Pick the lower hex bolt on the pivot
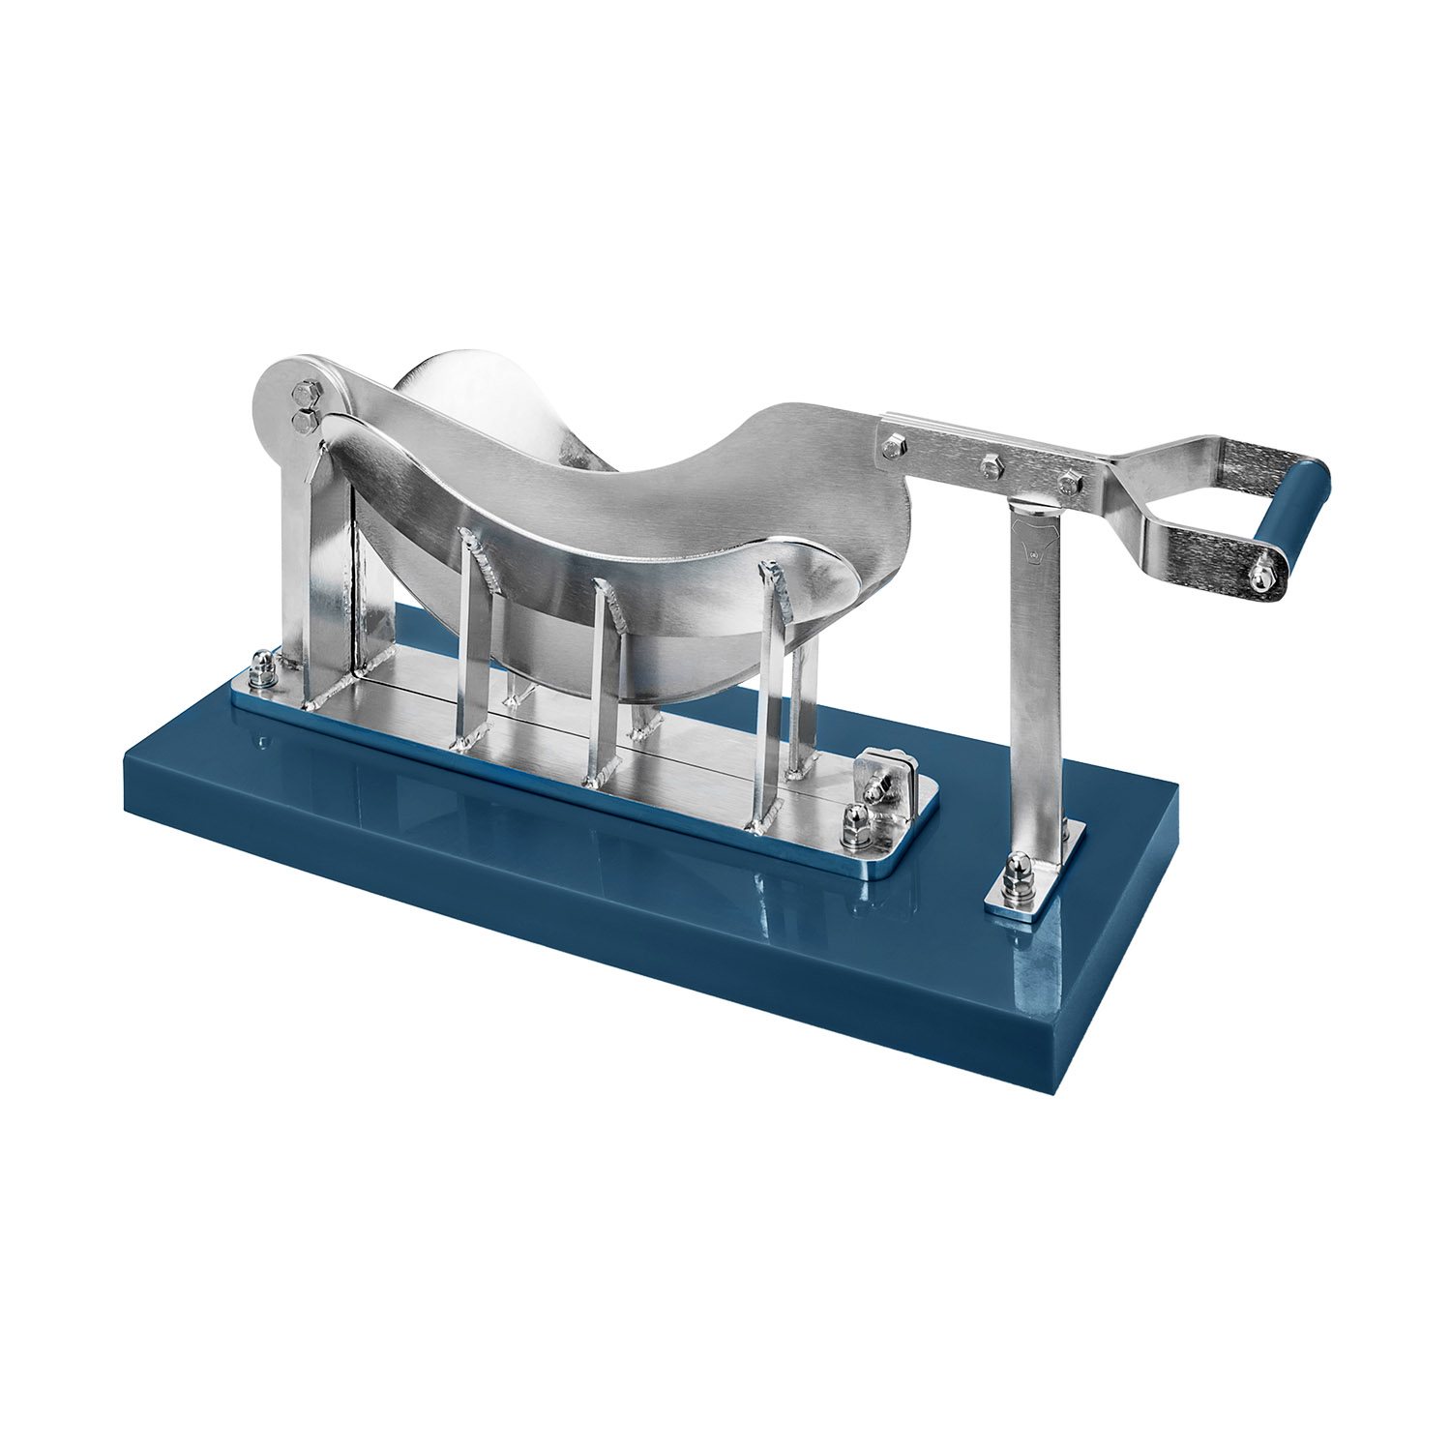click(x=306, y=419)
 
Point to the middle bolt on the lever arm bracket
click(x=989, y=467)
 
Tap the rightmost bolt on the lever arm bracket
click(x=1067, y=481)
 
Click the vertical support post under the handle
click(x=1037, y=677)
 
